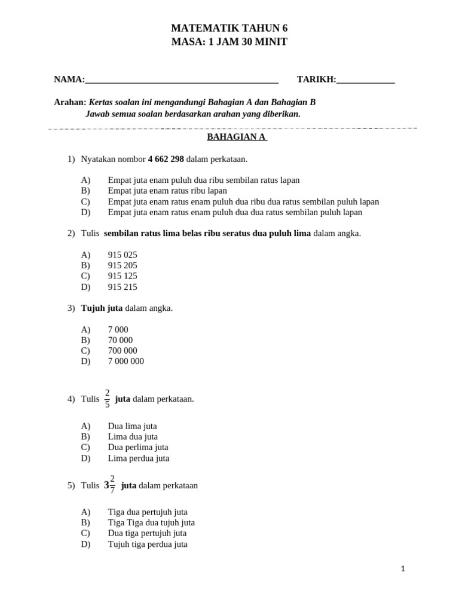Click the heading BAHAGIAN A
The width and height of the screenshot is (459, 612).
237,137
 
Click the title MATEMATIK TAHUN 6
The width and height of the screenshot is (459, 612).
229,28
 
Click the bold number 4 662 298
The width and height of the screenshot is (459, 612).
166,159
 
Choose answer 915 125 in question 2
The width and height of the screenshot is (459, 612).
123,276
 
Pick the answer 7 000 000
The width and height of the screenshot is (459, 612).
126,361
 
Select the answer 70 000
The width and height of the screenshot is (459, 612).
120,340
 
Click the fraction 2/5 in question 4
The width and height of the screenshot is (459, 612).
107,399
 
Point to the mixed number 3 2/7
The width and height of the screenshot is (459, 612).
110,485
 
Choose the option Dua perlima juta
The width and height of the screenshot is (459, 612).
138,447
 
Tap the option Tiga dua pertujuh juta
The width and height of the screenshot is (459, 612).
148,512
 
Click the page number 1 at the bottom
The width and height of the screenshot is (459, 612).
403,569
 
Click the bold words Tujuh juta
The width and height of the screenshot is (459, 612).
102,308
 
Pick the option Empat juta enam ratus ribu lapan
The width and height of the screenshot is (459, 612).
167,191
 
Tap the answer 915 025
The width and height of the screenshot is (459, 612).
123,255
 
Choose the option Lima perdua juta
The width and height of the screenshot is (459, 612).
139,458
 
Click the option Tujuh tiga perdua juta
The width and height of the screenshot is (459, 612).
148,544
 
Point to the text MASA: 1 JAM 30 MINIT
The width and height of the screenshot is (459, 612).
229,42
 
